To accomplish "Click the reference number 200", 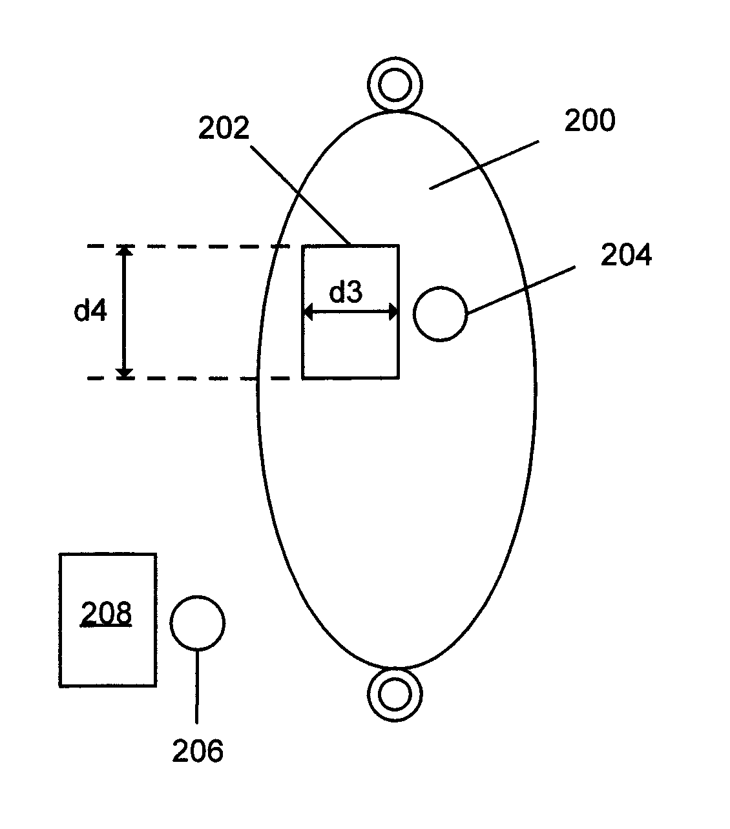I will (589, 121).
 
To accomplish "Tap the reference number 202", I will (224, 128).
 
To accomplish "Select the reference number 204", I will (626, 256).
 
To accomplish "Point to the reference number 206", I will (198, 751).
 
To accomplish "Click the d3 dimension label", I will (346, 292).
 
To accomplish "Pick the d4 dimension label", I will (90, 311).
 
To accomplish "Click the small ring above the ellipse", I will (395, 83).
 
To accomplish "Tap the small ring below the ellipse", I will (395, 694).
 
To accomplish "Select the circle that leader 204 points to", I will (440, 314).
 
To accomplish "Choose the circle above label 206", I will (198, 622).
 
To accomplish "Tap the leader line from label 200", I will (485, 165).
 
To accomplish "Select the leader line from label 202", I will (300, 196).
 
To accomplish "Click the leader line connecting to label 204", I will (521, 290).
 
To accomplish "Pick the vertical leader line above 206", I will (198, 686).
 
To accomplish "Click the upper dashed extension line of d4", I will (187, 246).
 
